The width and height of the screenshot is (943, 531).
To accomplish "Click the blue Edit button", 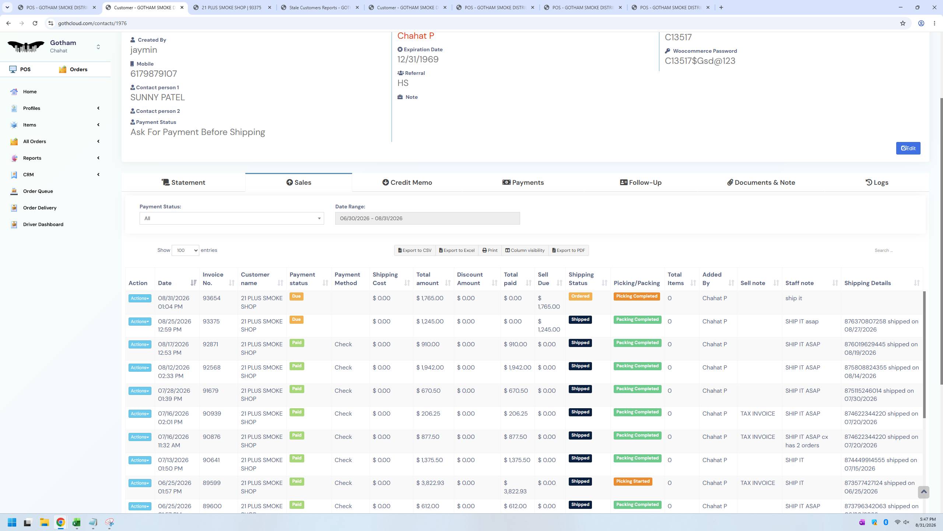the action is click(908, 148).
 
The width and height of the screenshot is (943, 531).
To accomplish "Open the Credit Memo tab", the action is click(407, 183).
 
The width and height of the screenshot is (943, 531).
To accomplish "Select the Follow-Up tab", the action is click(641, 183).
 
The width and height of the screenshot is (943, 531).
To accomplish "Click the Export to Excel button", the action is click(457, 250).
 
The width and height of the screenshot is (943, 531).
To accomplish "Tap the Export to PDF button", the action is click(569, 250).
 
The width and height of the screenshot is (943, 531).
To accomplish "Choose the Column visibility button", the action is click(525, 250).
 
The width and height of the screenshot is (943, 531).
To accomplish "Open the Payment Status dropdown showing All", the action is click(232, 218).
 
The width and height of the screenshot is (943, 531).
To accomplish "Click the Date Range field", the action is click(427, 218).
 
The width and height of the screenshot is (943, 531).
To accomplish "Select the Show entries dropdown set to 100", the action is click(185, 250).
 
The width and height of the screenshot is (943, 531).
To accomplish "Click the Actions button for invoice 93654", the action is click(140, 298).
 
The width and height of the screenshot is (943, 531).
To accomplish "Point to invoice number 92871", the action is click(210, 344).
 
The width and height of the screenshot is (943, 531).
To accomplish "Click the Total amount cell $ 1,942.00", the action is click(430, 368).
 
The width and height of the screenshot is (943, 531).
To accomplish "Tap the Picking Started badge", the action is click(633, 482).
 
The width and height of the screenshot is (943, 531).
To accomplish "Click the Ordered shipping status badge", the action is click(580, 296).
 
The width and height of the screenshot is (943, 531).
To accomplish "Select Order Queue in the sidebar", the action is click(38, 191).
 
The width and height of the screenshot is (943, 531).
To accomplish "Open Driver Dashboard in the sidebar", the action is click(43, 224).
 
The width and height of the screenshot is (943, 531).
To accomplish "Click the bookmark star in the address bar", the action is click(902, 23).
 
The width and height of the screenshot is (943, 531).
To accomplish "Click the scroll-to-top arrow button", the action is click(923, 492).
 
